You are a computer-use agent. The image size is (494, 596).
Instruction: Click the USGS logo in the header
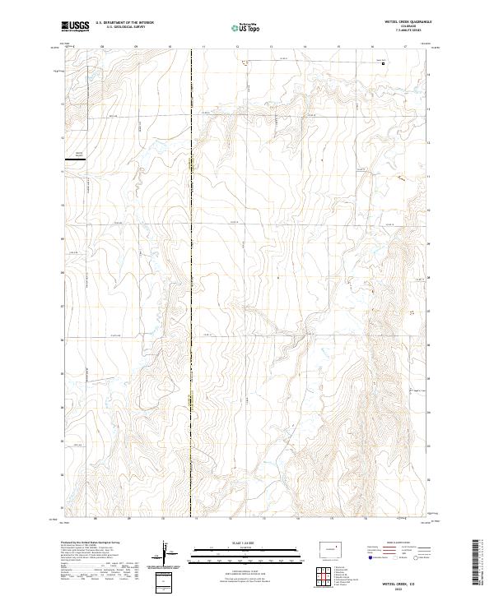[x=75, y=26]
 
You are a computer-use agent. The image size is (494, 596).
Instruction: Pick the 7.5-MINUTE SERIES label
[x=408, y=32]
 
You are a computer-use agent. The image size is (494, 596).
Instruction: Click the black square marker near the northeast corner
[x=383, y=63]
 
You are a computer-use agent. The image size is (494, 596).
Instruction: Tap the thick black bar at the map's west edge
[x=77, y=161]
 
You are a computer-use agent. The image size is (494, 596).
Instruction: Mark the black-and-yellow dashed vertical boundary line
[x=192, y=288]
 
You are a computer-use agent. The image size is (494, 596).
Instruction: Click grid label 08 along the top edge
[x=102, y=48]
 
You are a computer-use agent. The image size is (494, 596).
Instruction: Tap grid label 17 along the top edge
[x=405, y=48]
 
